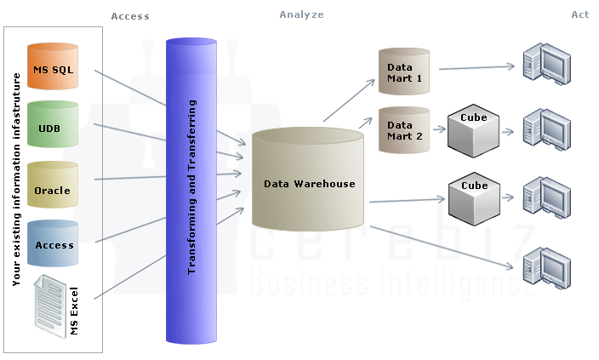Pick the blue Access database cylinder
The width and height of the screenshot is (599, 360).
coord(53,244)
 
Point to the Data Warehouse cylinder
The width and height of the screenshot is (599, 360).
coord(309,181)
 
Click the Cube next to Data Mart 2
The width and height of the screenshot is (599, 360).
coord(473,128)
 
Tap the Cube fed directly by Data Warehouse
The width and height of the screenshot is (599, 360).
coord(473,197)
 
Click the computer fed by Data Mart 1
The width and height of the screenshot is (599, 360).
coord(545,64)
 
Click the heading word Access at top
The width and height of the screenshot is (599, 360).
coord(130,16)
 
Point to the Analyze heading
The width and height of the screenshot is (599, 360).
coord(301,14)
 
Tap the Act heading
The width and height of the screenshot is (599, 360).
coord(580,14)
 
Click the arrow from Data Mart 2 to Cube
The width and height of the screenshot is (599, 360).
coord(440,129)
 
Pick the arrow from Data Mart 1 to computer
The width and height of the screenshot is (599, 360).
coord(476,67)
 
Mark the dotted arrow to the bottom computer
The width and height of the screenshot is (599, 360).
coord(442,248)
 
